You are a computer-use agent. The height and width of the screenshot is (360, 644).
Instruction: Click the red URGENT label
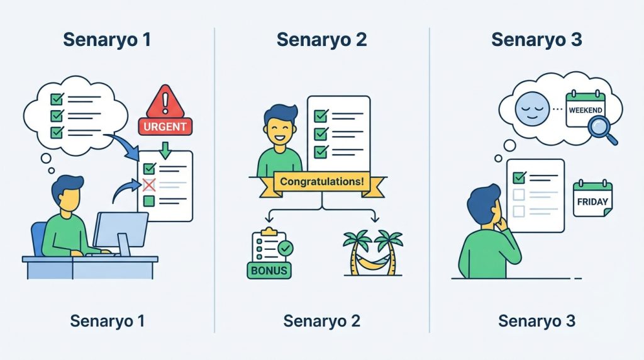point(165,126)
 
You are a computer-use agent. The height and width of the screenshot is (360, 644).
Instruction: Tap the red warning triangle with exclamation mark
point(165,101)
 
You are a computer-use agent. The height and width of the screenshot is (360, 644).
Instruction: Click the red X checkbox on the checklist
point(149,185)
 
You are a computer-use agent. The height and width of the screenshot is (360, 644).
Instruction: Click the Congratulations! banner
point(321,182)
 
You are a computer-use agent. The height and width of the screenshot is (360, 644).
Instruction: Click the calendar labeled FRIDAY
point(592,200)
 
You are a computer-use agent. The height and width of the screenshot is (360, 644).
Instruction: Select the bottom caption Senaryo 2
point(321,321)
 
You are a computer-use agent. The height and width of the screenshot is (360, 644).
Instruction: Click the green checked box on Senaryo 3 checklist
point(519,178)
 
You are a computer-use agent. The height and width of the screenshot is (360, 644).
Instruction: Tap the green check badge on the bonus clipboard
point(285,249)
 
